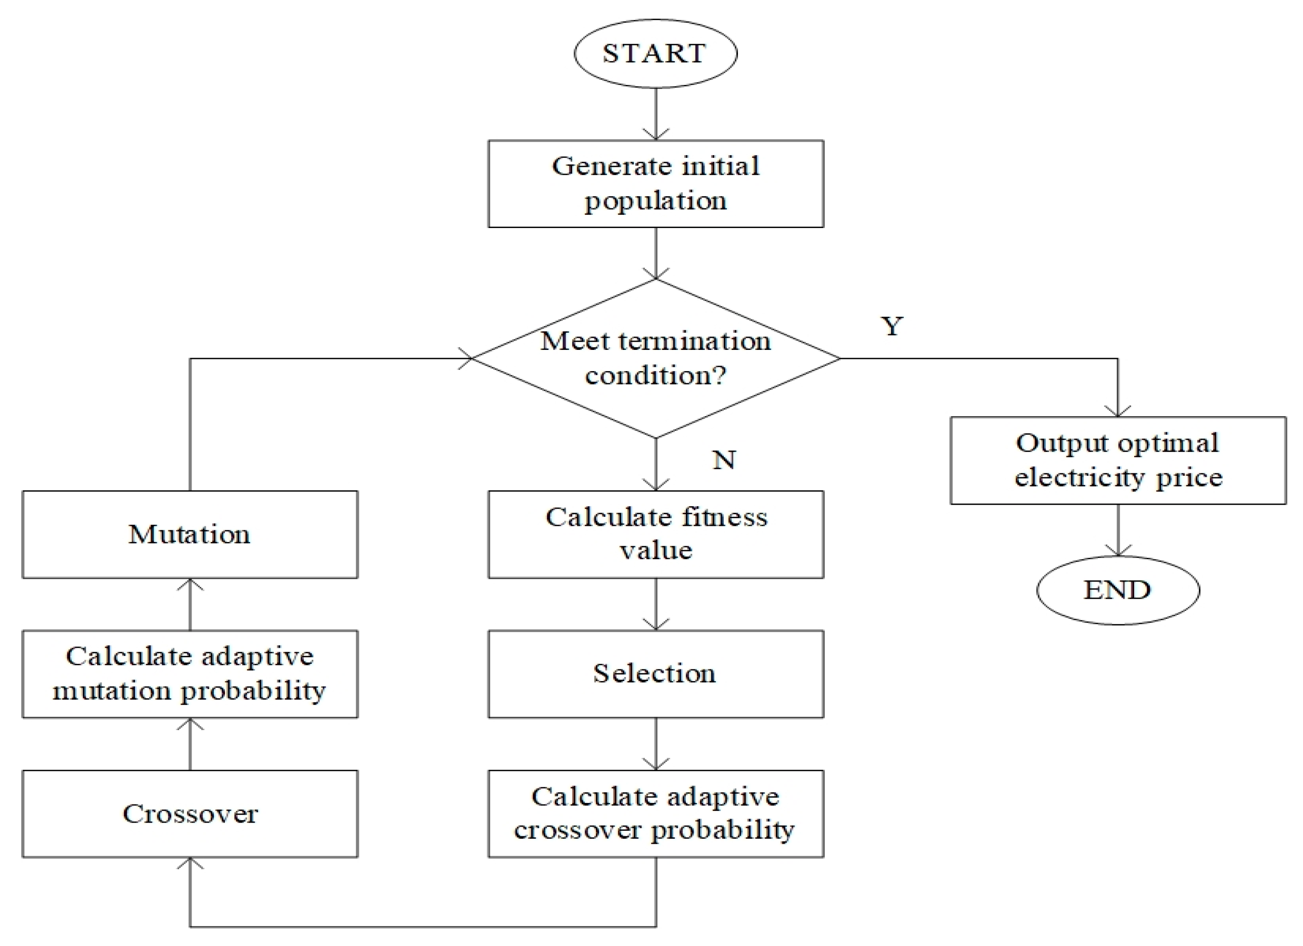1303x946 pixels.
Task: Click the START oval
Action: click(656, 54)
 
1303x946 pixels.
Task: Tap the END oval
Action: click(1118, 590)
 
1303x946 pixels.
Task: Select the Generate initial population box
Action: click(656, 184)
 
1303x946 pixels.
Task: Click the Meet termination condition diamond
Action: click(656, 358)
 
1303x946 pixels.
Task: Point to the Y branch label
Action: click(892, 327)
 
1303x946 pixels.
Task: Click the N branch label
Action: click(723, 460)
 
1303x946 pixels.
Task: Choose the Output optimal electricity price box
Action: click(1118, 460)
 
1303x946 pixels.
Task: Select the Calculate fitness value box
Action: click(656, 534)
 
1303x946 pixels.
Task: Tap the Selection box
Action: click(656, 673)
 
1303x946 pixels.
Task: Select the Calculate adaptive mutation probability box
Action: click(190, 673)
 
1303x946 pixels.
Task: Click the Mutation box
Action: click(190, 534)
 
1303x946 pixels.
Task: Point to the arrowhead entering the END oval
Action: click(1118, 551)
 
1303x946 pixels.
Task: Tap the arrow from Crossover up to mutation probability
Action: click(190, 744)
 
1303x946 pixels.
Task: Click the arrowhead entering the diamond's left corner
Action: click(467, 358)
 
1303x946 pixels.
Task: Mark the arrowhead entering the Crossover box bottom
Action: click(190, 864)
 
